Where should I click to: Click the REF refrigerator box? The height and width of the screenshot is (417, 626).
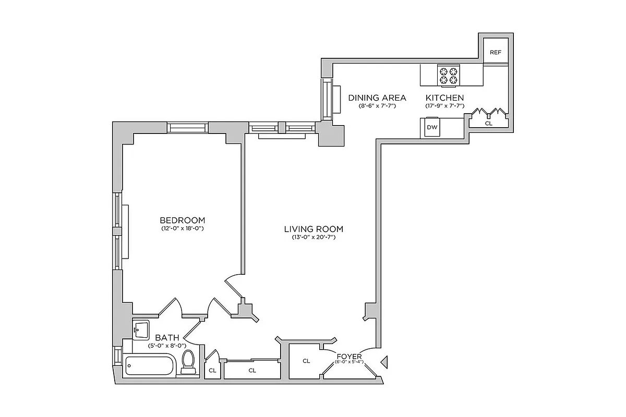495,52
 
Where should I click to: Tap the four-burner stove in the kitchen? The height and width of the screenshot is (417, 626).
449,76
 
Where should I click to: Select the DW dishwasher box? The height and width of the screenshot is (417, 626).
432,127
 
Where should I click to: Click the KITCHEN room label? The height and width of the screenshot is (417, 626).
444,97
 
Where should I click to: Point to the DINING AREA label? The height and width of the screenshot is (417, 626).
377,97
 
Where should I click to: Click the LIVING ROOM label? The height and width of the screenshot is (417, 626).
314,229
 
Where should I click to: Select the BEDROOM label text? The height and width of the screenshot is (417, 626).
182,220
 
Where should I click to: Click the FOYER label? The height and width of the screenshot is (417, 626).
350,356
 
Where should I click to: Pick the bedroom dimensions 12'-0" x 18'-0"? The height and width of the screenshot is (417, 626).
182,229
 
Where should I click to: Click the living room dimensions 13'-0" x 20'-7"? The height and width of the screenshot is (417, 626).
314,238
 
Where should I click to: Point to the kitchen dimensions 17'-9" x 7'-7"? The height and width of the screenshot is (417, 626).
444,106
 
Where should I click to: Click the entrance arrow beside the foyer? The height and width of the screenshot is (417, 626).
385,361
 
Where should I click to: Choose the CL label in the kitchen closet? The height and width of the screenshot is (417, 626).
488,124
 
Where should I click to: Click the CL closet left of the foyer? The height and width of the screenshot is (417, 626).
306,360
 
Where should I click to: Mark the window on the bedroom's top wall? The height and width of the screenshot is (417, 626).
187,128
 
